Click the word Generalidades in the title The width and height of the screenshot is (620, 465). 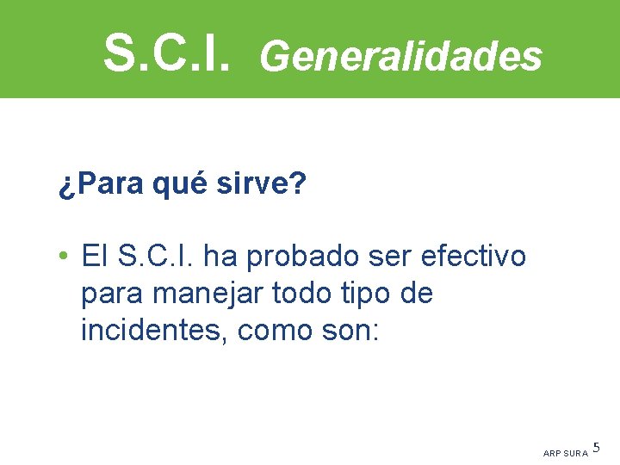(400, 56)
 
